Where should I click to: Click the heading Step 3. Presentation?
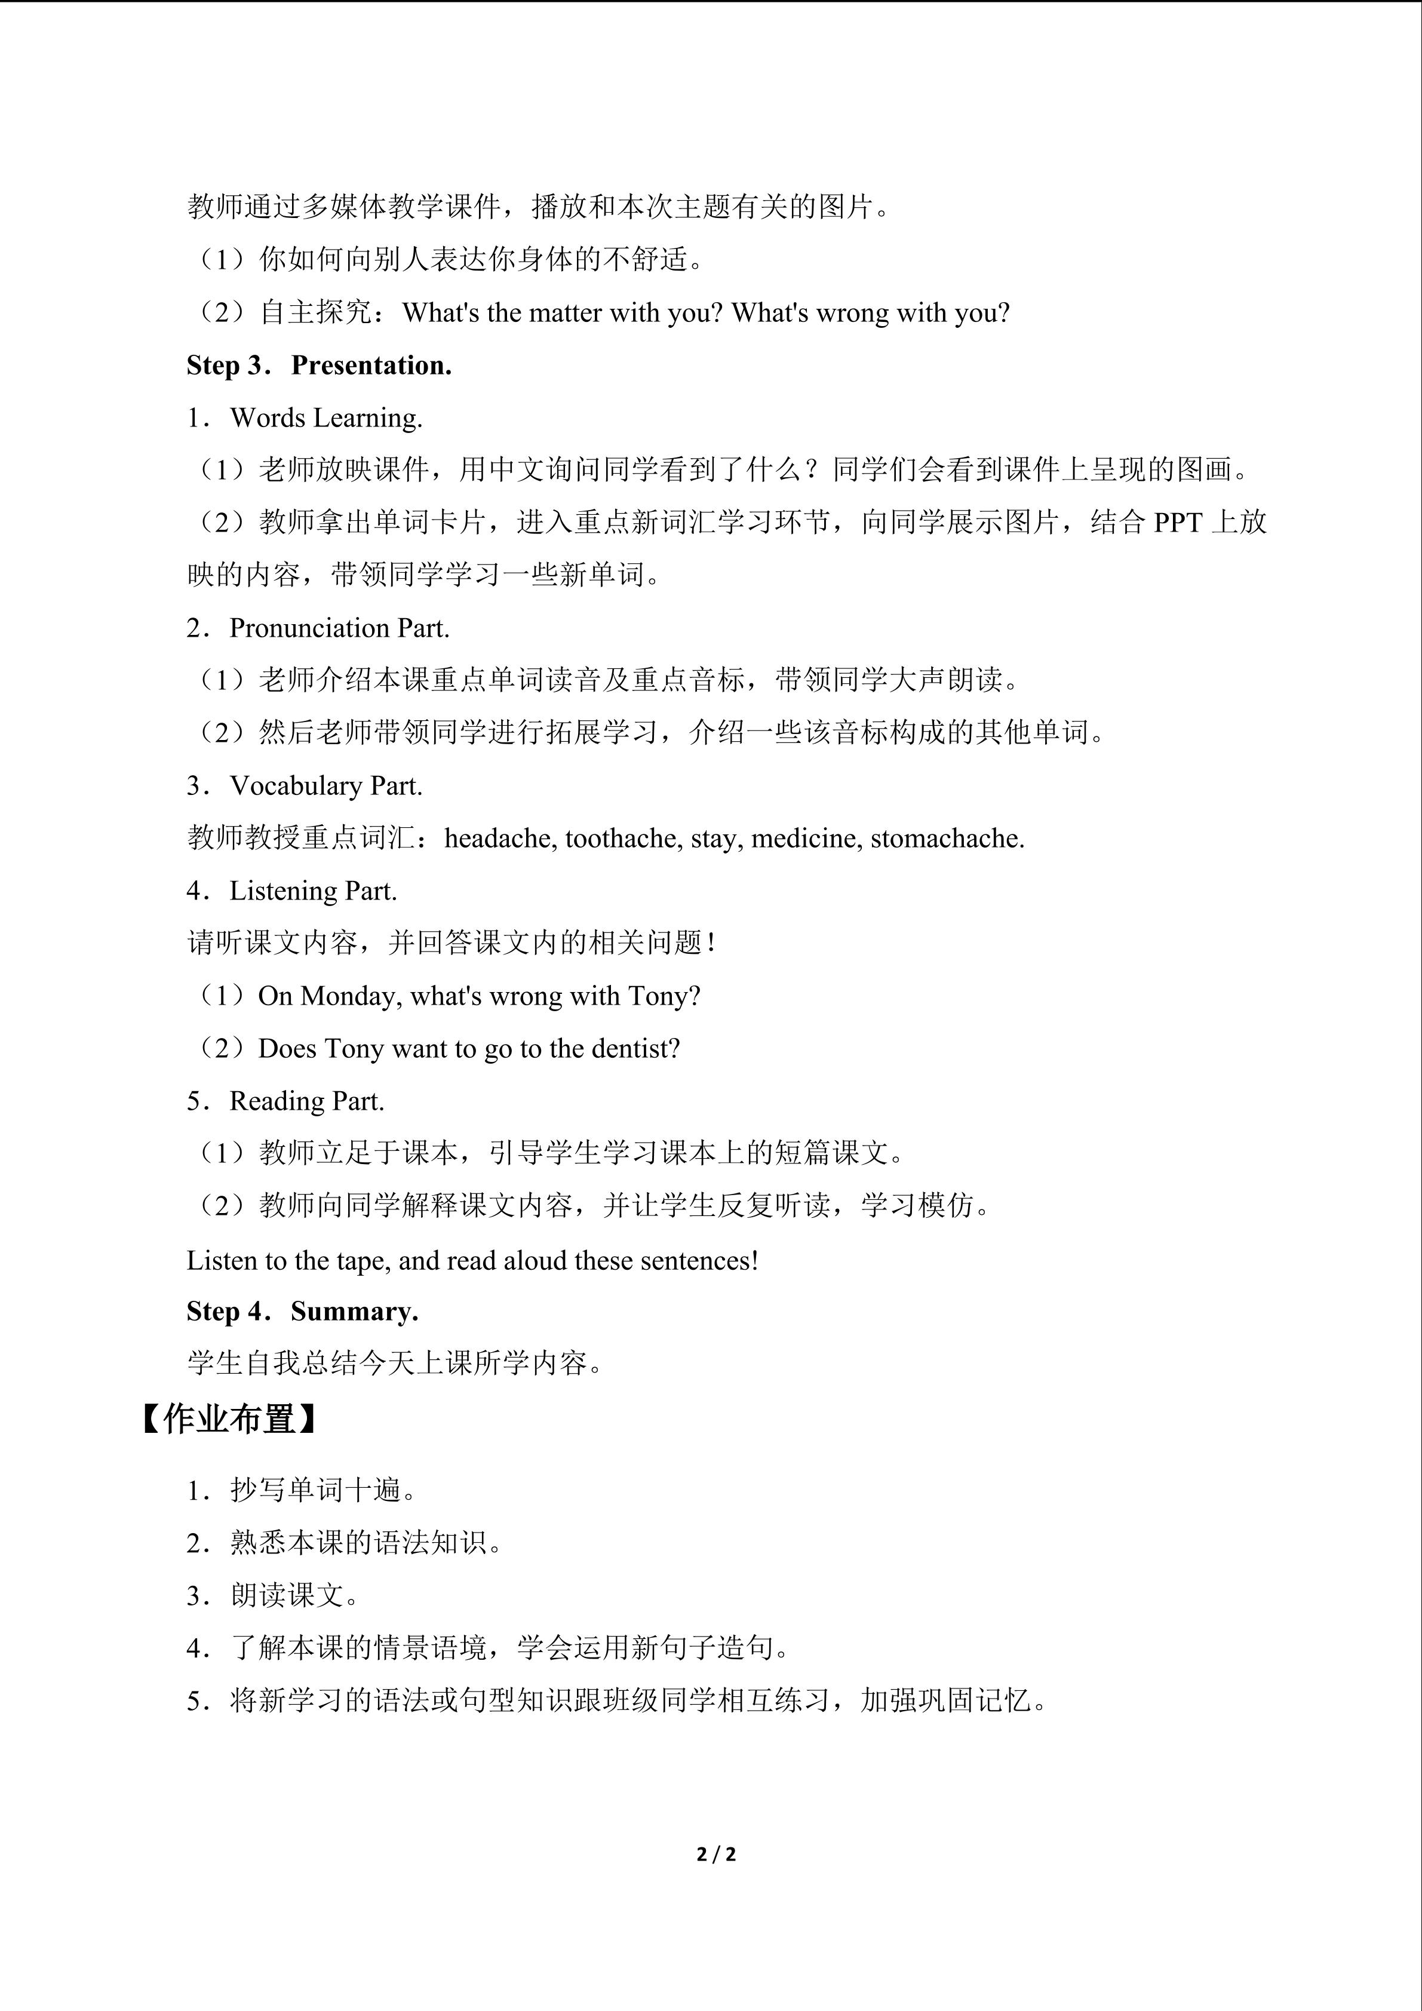(x=319, y=366)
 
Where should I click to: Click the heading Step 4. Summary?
(x=302, y=1311)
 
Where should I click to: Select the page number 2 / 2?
(x=715, y=1855)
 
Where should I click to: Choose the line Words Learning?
(x=325, y=418)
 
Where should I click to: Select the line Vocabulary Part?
(x=325, y=785)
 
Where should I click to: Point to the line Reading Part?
(x=306, y=1101)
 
